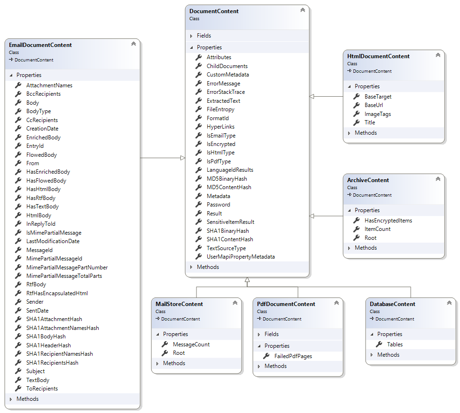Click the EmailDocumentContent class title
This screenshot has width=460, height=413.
[40, 45]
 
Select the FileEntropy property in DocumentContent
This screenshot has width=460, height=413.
[220, 109]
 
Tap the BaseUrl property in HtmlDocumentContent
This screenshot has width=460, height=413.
[374, 105]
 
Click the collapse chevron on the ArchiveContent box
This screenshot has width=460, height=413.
[438, 179]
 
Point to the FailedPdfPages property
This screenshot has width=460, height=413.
[293, 356]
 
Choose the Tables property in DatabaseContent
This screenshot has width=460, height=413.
[395, 344]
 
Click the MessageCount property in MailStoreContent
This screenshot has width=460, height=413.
[191, 344]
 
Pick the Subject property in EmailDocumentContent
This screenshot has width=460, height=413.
[36, 371]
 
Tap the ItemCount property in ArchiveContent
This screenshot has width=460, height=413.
[377, 229]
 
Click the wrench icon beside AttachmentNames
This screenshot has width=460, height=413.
[18, 85]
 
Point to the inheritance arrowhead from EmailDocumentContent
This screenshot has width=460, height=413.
[183, 158]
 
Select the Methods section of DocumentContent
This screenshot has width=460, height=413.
[208, 267]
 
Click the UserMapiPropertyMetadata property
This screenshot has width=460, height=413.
[241, 257]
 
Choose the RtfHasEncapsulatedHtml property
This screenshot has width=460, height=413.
[57, 293]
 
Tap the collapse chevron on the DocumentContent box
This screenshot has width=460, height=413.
[303, 10]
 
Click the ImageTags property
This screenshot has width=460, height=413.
[378, 114]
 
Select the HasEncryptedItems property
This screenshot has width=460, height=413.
[388, 221]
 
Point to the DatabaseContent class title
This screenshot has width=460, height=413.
[392, 304]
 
